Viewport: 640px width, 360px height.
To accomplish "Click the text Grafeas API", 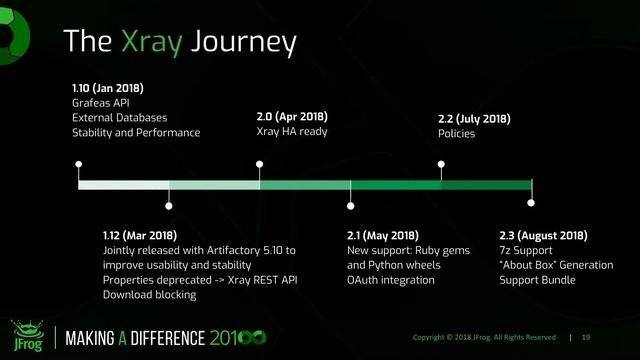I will pyautogui.click(x=100, y=102).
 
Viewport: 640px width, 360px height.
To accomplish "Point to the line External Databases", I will pyautogui.click(x=119, y=117).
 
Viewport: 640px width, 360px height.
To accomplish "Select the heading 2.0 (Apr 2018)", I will pyautogui.click(x=292, y=117).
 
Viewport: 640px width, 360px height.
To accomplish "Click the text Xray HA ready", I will pyautogui.click(x=292, y=133).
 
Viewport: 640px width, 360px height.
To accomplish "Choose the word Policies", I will pyautogui.click(x=456, y=134).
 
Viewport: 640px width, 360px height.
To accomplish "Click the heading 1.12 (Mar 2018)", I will pyautogui.click(x=140, y=234).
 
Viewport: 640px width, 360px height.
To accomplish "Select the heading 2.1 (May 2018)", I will pyautogui.click(x=383, y=234).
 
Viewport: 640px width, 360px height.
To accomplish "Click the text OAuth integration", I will pyautogui.click(x=391, y=280).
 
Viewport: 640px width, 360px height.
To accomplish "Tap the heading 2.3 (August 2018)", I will pyautogui.click(x=543, y=234).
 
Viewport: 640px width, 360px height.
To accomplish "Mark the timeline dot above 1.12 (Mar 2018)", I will pyautogui.click(x=169, y=206).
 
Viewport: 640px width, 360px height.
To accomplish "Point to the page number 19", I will pyautogui.click(x=586, y=337).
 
